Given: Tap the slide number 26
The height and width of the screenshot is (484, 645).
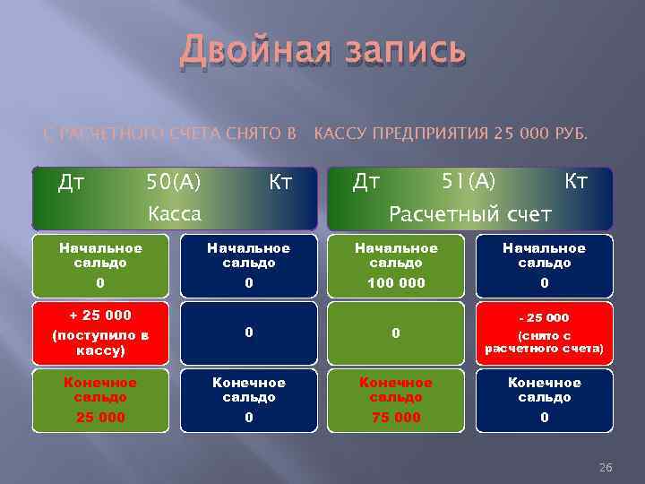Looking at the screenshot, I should [605, 468].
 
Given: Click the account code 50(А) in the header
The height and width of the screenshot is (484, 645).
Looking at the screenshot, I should [174, 183].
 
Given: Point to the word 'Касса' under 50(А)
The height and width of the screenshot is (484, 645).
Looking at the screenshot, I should [175, 214].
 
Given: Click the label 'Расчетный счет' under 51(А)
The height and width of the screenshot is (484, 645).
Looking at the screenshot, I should [469, 214].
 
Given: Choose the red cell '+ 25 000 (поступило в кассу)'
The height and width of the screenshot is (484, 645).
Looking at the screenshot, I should [100, 333].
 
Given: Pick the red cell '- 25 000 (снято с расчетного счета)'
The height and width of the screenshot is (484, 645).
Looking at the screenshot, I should [544, 333].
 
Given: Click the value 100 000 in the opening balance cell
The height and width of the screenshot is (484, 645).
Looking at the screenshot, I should [396, 283].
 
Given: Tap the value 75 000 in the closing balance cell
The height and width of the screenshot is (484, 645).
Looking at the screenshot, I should [396, 417].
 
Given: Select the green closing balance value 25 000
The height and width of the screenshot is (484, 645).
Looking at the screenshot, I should [100, 417].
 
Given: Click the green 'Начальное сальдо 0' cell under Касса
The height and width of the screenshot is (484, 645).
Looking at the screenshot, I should [100, 265].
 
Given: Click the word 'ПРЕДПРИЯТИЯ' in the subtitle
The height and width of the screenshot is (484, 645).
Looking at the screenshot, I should [432, 134].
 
